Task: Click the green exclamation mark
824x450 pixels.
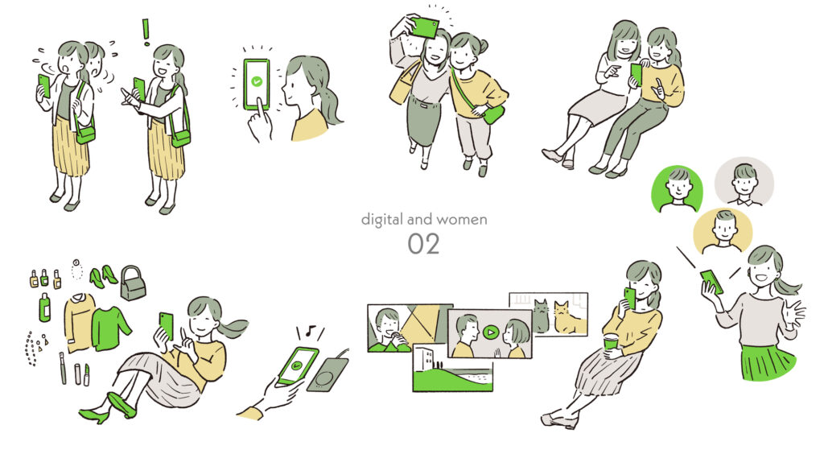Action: (146, 31)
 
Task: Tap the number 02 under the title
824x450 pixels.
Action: (423, 244)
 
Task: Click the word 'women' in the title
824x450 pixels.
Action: (463, 219)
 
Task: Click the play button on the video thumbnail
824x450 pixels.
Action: (490, 332)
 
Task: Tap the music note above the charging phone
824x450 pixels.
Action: (311, 331)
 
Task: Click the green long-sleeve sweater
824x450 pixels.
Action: (110, 328)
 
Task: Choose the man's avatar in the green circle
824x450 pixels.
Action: (677, 188)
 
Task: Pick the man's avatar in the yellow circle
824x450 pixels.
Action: (723, 231)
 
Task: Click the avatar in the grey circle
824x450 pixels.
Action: (744, 182)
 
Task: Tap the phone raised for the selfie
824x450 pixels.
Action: (425, 27)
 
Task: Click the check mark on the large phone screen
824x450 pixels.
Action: (257, 81)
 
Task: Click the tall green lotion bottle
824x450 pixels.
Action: (45, 307)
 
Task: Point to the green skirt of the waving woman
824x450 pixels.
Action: (768, 361)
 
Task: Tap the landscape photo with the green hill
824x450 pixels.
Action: (453, 368)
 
